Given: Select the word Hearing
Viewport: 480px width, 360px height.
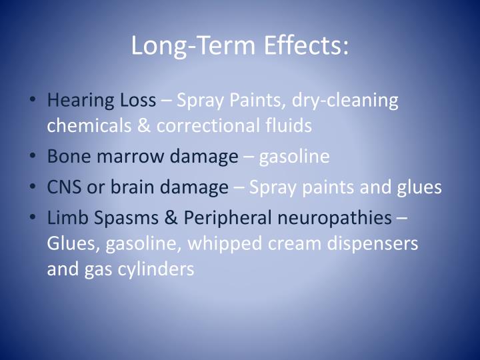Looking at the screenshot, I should click(72, 101).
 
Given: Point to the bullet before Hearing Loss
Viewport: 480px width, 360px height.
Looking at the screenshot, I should click(33, 101).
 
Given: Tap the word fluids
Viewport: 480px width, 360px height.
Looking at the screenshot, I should click(289, 125).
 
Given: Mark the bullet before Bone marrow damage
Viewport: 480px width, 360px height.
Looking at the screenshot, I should click(33, 157).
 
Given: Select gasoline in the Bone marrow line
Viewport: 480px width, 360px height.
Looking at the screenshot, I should click(294, 157).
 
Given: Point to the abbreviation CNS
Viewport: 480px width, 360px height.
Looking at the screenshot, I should click(65, 187).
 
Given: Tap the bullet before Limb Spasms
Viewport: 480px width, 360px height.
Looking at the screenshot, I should click(33, 218).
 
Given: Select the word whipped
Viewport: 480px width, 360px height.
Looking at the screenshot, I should click(217, 243).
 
